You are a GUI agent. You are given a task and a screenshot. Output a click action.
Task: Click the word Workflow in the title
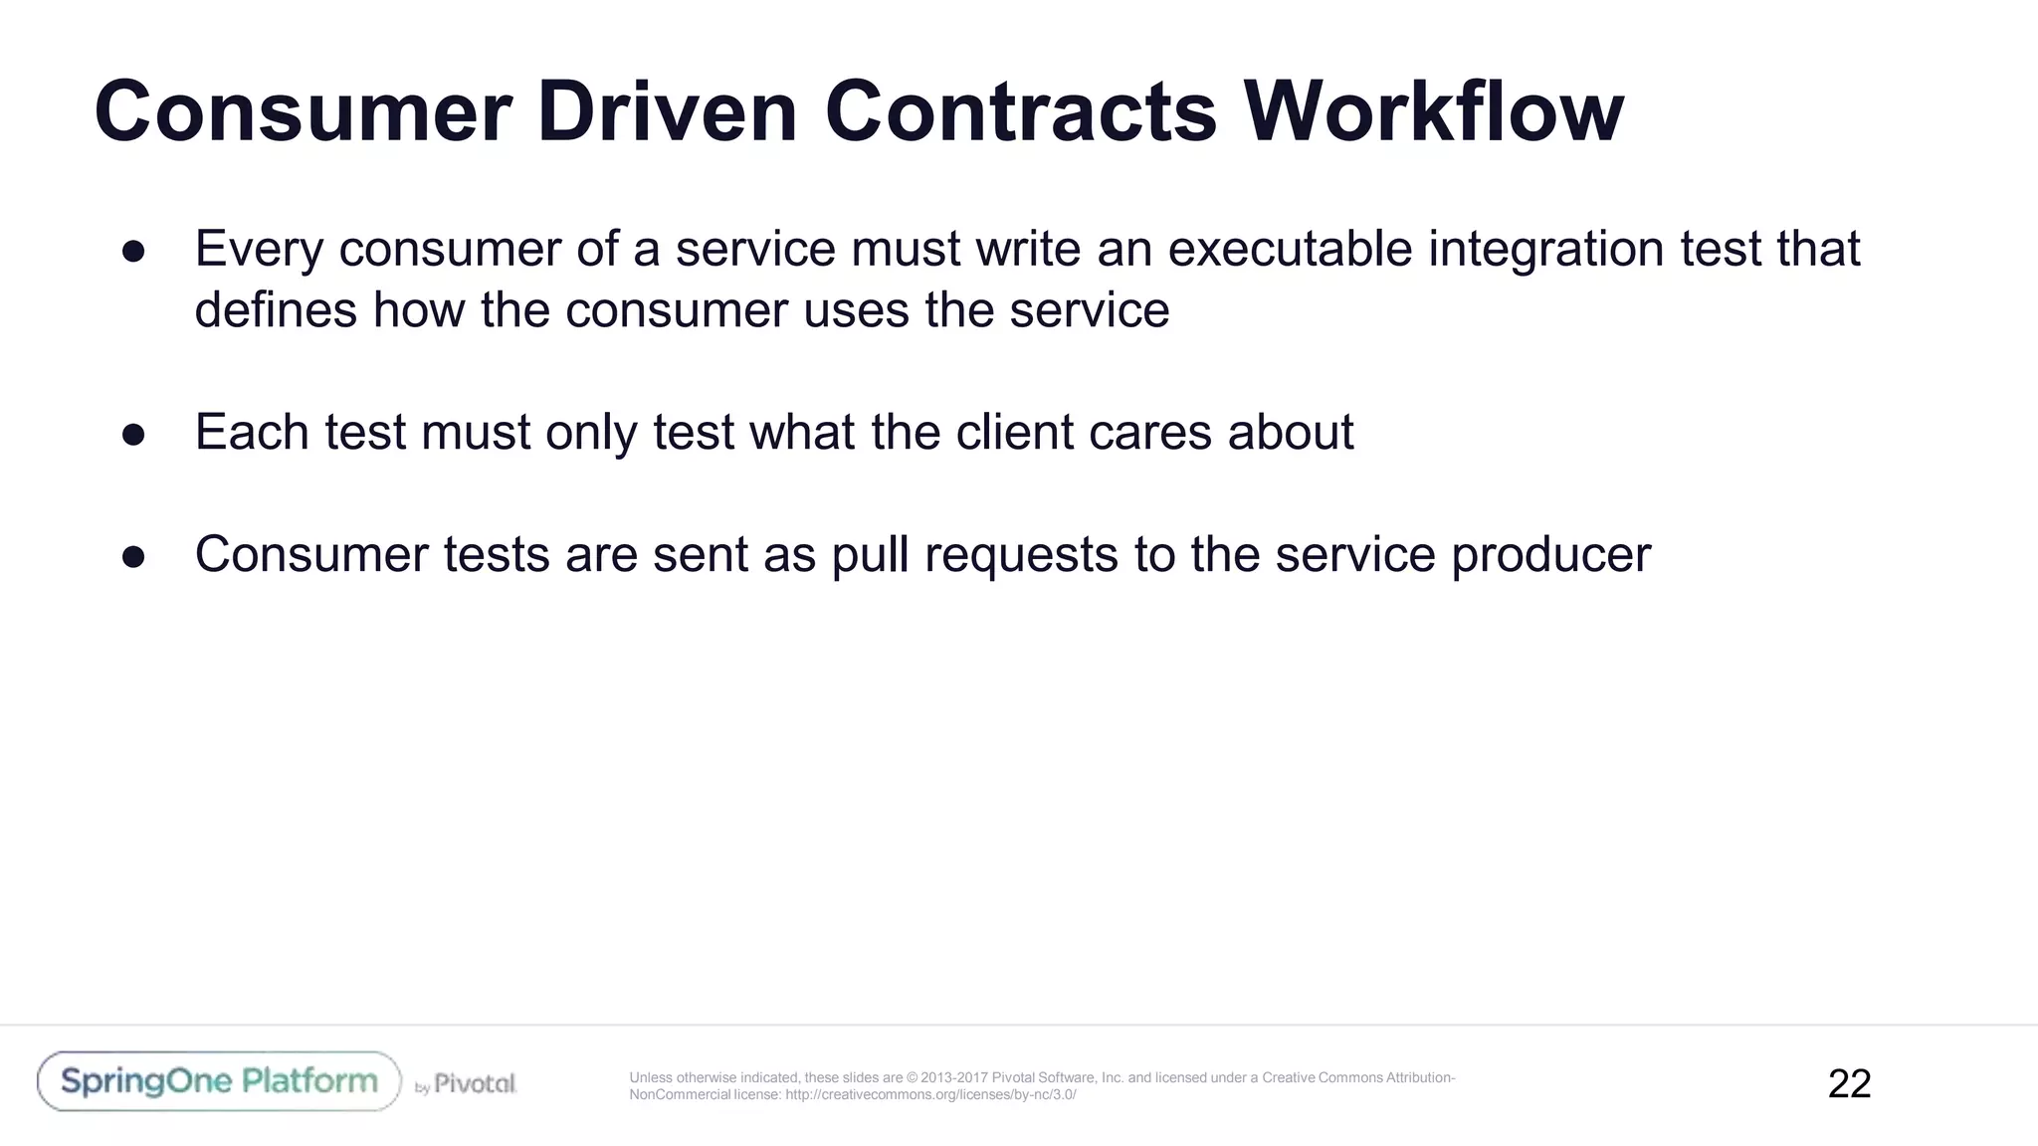coord(1433,111)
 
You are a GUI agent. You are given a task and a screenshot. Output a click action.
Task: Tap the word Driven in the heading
coord(667,111)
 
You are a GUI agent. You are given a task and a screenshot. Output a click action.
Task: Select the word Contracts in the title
coord(1020,111)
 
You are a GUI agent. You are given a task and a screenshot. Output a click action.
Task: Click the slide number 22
coord(1849,1083)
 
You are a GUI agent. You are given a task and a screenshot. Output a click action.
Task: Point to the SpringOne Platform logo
coord(219,1081)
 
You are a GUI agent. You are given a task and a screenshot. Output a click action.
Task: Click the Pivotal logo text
coord(475,1083)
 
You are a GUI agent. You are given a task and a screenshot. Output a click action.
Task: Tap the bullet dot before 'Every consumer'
coord(133,251)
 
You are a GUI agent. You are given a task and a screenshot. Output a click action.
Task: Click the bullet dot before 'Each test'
coord(133,435)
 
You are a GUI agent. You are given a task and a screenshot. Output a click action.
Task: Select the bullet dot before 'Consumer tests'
coord(133,557)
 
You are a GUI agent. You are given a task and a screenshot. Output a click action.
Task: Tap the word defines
coord(276,309)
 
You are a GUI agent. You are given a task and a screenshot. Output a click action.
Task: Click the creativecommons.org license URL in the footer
coord(930,1095)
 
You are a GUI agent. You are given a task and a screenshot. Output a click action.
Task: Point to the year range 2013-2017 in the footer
coord(954,1077)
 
